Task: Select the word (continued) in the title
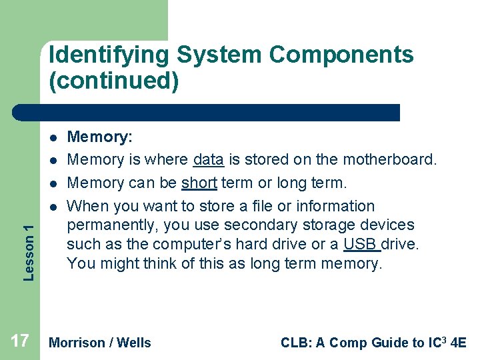pos(114,81)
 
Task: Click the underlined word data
pos(208,160)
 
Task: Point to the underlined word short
pos(199,183)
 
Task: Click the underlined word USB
pos(360,244)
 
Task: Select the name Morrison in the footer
pos(77,343)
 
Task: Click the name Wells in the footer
pos(134,343)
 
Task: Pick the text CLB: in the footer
pos(296,343)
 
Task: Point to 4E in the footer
pos(459,343)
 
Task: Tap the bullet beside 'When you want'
pos(51,207)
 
